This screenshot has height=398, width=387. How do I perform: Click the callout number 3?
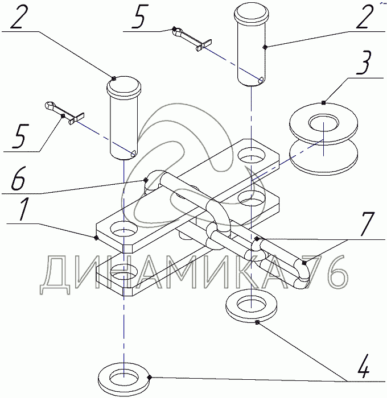(x=364, y=63)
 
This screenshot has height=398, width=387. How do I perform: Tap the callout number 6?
(x=18, y=179)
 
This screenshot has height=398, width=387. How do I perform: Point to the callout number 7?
(x=367, y=224)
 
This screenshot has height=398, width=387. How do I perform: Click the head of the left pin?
(x=123, y=86)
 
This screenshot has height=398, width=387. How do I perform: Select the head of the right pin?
(x=252, y=14)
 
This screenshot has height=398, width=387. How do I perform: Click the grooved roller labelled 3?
(x=323, y=138)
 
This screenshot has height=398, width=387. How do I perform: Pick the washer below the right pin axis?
(x=252, y=306)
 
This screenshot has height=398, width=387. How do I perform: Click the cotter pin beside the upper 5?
(x=192, y=39)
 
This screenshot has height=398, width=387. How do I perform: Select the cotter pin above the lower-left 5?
(x=64, y=113)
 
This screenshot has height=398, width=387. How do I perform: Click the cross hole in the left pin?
(x=133, y=153)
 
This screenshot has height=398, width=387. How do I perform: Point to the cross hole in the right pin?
(x=261, y=81)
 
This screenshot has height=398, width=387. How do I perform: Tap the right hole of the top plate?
(x=252, y=155)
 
